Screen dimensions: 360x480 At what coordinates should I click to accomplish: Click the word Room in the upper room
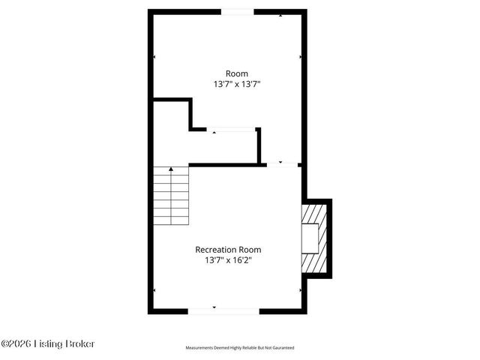pos(237,73)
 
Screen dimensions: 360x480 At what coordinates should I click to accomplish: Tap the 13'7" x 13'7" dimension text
pos(237,85)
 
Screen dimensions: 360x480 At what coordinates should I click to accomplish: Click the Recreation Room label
pos(229,250)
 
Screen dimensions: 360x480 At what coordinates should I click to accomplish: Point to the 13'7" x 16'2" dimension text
pos(229,261)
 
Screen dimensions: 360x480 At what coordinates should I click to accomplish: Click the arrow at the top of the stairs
pos(171,170)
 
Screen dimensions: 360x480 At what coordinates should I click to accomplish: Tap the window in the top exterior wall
pos(237,12)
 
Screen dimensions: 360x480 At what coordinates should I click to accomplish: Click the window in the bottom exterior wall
pos(223,310)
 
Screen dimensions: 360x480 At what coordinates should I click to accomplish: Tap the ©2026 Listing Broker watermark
pos(48,343)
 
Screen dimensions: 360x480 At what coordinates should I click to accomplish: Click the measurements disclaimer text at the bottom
pos(240,348)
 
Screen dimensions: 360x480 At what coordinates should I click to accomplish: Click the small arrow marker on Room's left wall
pos(154,57)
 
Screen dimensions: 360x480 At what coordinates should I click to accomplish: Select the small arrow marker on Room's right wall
pos(301,57)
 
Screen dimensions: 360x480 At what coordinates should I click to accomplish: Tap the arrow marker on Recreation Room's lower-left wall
pos(154,290)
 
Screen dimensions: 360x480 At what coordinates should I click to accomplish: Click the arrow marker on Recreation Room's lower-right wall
pos(301,290)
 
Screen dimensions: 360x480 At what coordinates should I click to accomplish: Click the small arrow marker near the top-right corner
pos(280,15)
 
